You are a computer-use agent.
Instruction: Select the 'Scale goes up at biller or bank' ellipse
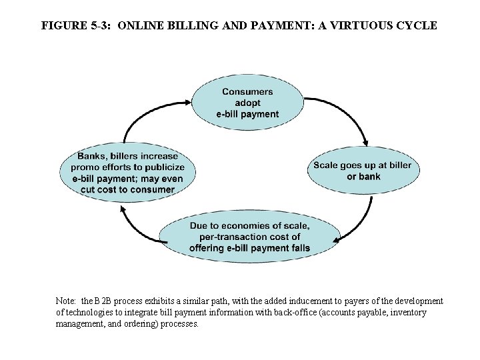point(363,171)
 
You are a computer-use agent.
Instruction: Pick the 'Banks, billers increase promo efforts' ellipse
point(128,173)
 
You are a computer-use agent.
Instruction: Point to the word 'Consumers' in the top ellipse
point(247,91)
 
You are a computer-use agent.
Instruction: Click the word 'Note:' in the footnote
point(67,301)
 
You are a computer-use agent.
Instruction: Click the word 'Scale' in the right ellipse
point(325,165)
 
